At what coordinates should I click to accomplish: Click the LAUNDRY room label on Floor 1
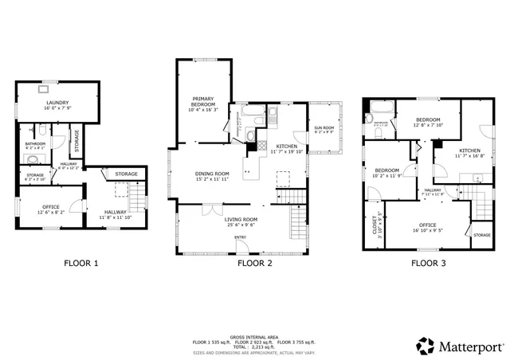point(57,103)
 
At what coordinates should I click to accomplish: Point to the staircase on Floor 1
point(138,195)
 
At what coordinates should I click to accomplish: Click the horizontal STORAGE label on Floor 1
point(126,174)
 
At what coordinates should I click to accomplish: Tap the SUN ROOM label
point(324,127)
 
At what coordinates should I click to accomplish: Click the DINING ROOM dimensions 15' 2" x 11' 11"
point(213,179)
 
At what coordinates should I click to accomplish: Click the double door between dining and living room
point(210,209)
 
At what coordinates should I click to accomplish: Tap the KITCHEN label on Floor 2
point(287,147)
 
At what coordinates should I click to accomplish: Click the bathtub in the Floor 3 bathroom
point(379,107)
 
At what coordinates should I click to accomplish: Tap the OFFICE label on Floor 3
point(427,225)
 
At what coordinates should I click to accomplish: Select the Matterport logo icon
point(424,345)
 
